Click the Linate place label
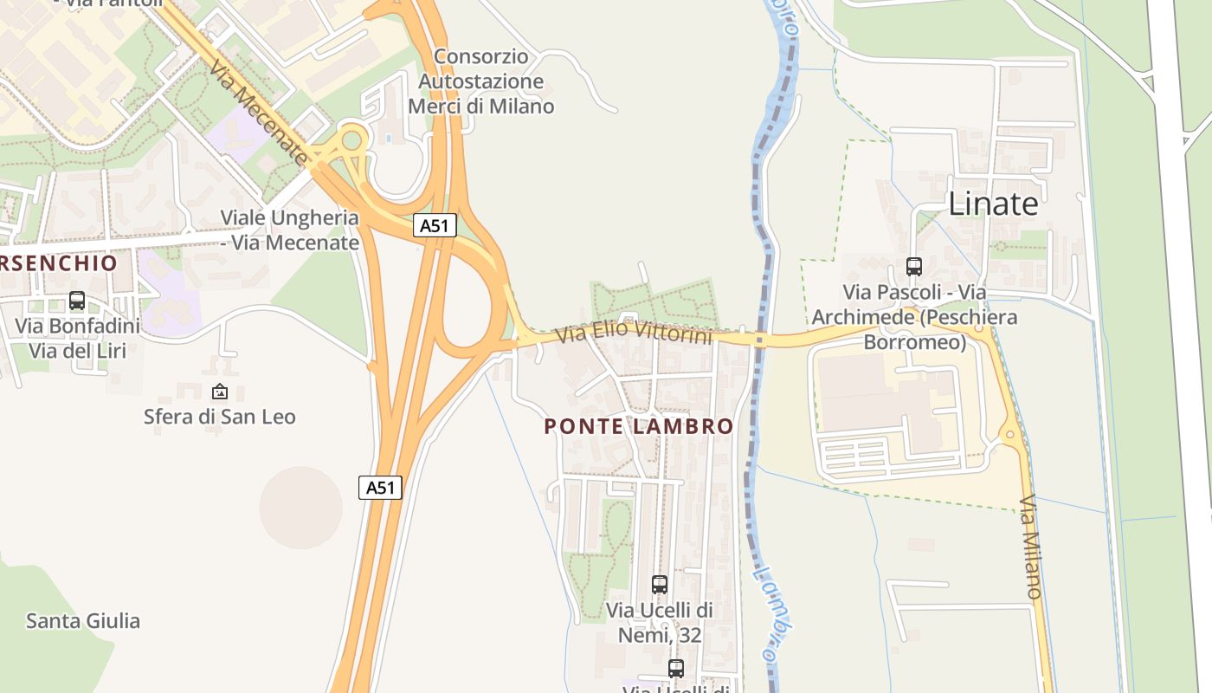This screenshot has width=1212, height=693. [x=993, y=204]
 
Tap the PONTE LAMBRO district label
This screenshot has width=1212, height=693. [x=639, y=426]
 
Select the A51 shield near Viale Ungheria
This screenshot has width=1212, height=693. [x=434, y=226]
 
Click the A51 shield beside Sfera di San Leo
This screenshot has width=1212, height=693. [x=380, y=488]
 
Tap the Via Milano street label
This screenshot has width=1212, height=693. [x=1029, y=547]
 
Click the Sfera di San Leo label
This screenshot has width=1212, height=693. [x=219, y=417]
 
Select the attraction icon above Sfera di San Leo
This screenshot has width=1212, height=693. [x=220, y=392]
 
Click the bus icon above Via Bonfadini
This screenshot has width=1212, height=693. [x=77, y=301]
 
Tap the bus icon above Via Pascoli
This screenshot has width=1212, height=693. [x=914, y=267]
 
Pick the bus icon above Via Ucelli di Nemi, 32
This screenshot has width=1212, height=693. [x=660, y=585]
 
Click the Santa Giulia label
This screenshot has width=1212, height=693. [x=82, y=621]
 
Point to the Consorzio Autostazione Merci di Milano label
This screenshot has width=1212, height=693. [x=481, y=81]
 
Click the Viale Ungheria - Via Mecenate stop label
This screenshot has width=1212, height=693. [x=289, y=230]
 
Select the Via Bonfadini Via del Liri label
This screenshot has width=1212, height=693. [x=77, y=339]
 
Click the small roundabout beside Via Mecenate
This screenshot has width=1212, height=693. [x=351, y=139]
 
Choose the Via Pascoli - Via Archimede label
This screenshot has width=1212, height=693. [x=914, y=317]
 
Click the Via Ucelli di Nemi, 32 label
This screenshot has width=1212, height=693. [x=660, y=623]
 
